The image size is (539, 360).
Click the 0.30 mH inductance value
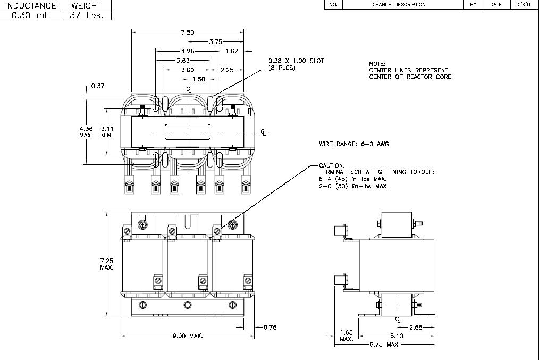(30, 15)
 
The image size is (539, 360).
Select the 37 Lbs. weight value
(86, 15)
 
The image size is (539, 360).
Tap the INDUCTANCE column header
(30, 5)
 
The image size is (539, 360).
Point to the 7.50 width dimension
(187, 33)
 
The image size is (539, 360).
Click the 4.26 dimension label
(188, 52)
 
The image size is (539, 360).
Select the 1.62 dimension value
(232, 52)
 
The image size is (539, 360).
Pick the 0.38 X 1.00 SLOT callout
(296, 61)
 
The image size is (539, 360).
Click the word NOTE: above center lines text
(377, 64)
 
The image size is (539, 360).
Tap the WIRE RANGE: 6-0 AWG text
(353, 144)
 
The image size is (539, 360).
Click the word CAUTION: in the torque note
(332, 166)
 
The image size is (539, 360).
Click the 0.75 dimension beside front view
(270, 328)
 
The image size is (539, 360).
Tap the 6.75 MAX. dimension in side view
(385, 345)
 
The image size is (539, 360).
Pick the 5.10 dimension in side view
(396, 336)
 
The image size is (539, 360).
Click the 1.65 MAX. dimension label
(346, 336)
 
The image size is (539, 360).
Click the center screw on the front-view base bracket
(187, 305)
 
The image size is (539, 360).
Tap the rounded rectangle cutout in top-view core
(187, 131)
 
